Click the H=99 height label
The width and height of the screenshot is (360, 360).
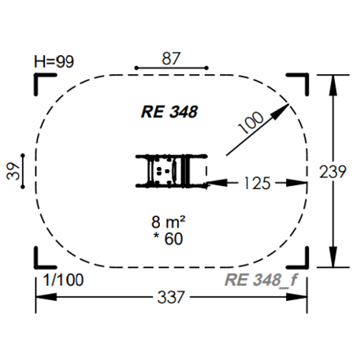(x=54, y=61)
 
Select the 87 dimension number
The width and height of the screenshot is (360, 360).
(x=171, y=58)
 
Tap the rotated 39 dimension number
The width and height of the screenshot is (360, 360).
(x=13, y=171)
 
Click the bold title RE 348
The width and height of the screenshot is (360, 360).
(x=169, y=112)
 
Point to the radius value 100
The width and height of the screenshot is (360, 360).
(x=251, y=122)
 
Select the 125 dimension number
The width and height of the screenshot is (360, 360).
(x=257, y=183)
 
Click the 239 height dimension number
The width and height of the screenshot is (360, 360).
(x=332, y=172)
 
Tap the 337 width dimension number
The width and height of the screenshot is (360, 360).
(x=171, y=297)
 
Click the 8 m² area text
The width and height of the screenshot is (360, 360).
(x=169, y=222)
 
